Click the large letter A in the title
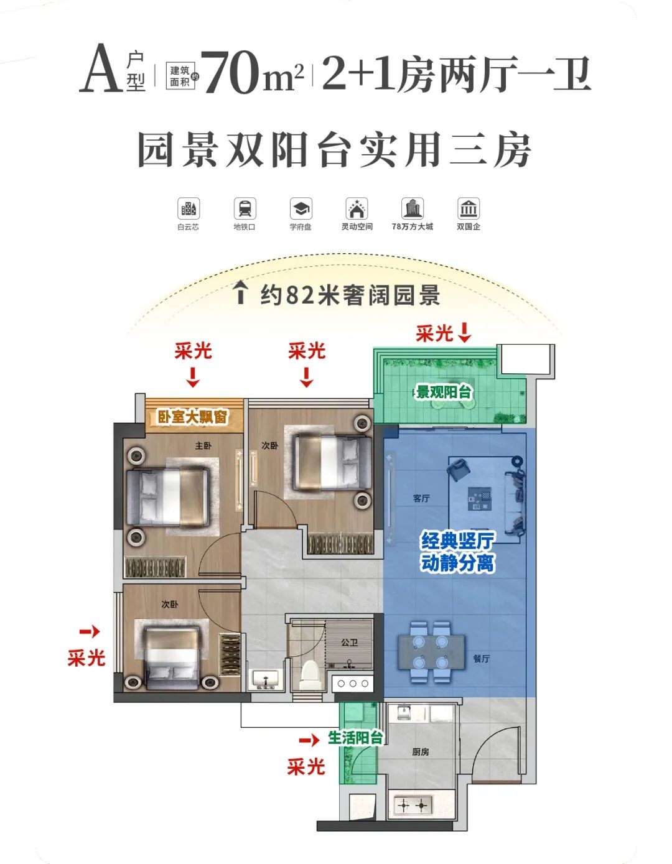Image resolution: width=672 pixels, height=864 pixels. [x=101, y=68]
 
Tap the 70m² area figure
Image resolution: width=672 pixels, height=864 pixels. [x=254, y=72]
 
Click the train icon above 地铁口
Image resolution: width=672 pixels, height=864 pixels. [x=245, y=208]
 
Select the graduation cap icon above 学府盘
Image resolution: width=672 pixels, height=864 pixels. [x=301, y=208]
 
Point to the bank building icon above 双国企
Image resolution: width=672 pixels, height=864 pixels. [x=469, y=208]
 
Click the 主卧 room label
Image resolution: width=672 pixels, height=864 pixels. [x=203, y=446]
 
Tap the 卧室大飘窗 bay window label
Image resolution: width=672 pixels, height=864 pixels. [x=192, y=417]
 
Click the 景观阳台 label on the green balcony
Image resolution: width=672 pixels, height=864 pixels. [x=443, y=393]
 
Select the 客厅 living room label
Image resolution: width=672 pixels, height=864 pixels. [x=421, y=498]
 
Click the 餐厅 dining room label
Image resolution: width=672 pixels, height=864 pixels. [x=481, y=659]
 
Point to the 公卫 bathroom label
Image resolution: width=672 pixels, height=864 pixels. [x=350, y=643]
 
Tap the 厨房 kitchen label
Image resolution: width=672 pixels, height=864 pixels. [x=421, y=751]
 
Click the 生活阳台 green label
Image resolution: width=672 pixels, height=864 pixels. [x=355, y=738]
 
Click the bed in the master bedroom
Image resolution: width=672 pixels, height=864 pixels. [x=168, y=497]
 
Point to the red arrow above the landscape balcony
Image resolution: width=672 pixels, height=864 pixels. [x=464, y=333]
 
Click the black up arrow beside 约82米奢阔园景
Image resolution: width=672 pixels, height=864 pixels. [x=240, y=292]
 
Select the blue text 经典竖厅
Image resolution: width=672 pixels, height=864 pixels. [x=457, y=541]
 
